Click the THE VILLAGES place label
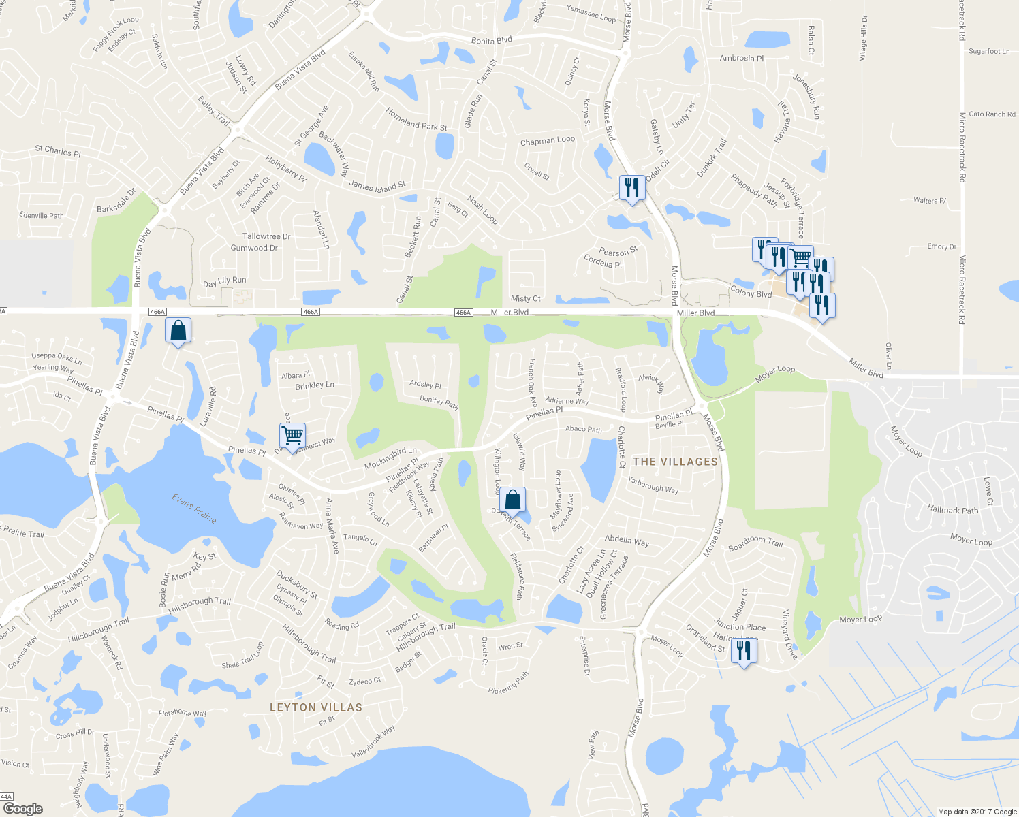675,462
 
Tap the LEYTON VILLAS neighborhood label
315,707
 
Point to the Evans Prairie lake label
194,509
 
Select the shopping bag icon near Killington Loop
512,500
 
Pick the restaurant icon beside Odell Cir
632,188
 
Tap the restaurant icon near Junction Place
743,652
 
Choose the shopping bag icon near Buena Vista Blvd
178,331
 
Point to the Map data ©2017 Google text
977,812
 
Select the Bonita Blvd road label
491,41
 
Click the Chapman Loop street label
547,141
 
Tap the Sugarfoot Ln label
989,51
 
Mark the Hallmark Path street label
952,509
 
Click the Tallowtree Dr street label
266,236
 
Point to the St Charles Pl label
58,151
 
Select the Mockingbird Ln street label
390,458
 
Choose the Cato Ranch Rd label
992,114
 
